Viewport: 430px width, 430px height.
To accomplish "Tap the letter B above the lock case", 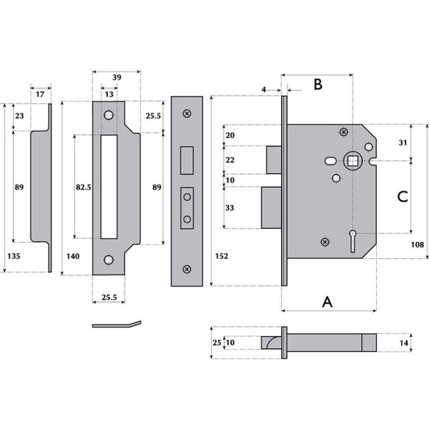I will pyautogui.click(x=317, y=85).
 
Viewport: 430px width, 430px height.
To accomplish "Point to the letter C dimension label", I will pyautogui.click(x=402, y=197).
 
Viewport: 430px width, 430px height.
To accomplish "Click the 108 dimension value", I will pyautogui.click(x=418, y=245).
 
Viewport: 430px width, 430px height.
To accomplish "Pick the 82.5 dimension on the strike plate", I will pyautogui.click(x=83, y=188).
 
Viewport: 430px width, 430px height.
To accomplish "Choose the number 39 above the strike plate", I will pyautogui.click(x=116, y=80).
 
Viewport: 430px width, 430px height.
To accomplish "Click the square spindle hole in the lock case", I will pyautogui.click(x=353, y=161).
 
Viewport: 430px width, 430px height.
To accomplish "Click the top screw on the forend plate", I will pyautogui.click(x=186, y=113).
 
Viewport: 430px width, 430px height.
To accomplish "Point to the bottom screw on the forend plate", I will pyautogui.click(x=186, y=269).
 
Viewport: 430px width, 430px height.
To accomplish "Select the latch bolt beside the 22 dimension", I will pyautogui.click(x=274, y=160).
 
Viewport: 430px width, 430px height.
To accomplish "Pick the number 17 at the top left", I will pyautogui.click(x=40, y=95).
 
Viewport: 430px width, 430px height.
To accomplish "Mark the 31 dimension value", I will pyautogui.click(x=401, y=143).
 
